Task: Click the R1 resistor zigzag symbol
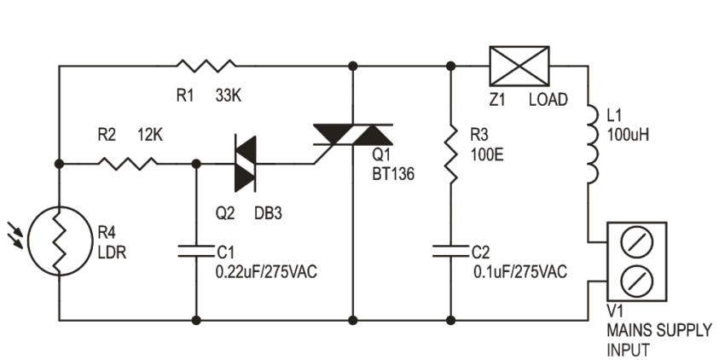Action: [x=206, y=65]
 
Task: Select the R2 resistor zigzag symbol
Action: [x=128, y=162]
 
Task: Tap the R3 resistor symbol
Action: [x=449, y=154]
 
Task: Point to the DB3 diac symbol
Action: [x=245, y=161]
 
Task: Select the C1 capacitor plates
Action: [x=197, y=251]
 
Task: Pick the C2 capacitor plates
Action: [x=449, y=251]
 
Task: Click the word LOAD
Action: [x=548, y=100]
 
